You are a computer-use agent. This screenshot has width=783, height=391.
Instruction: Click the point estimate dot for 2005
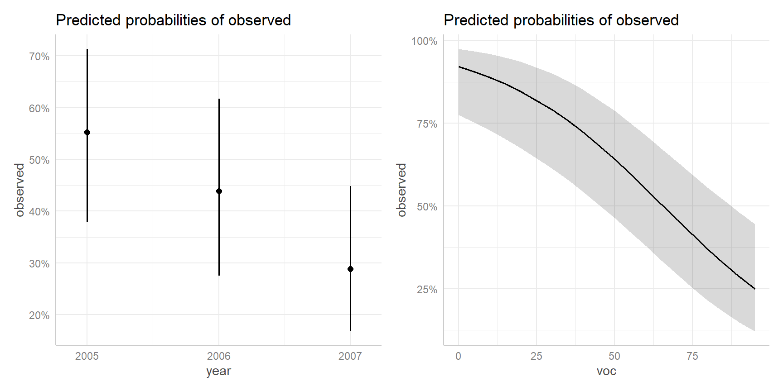point(87,133)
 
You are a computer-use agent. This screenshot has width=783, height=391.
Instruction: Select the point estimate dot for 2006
point(219,191)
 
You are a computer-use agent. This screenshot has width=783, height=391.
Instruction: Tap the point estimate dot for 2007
point(350,269)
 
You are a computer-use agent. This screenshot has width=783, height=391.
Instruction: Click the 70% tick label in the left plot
point(39,57)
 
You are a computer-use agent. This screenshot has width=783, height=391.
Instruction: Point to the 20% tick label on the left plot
point(39,315)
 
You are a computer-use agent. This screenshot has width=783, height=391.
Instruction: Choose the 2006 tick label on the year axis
point(219,356)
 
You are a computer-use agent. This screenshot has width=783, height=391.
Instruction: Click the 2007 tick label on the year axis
point(350,356)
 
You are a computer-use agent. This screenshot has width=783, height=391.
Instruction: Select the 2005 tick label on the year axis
point(87,356)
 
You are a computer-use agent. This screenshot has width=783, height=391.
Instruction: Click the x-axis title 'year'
point(218,371)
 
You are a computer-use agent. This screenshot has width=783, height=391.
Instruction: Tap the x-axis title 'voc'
point(606,371)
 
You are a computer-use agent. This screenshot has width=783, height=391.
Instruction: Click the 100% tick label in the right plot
point(424,41)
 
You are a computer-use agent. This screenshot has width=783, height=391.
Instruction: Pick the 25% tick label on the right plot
point(427,290)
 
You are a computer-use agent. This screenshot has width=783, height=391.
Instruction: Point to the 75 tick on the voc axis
point(692,356)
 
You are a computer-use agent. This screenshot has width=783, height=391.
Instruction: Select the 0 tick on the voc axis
point(459,356)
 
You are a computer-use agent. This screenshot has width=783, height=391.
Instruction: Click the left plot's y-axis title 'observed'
point(19,190)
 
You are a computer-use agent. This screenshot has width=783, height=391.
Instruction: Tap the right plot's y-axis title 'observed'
point(401,190)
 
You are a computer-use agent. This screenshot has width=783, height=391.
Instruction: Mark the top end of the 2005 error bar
point(87,49)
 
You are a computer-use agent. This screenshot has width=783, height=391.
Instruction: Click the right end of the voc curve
point(754,289)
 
